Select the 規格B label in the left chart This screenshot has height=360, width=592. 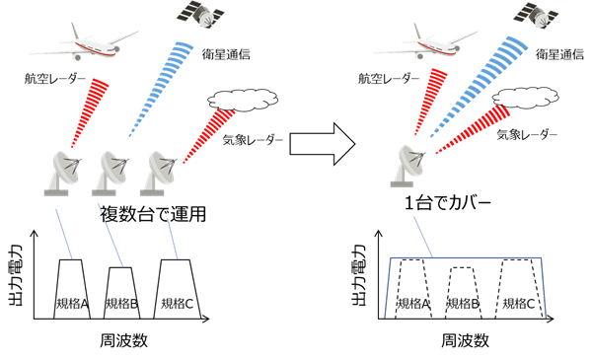[x=120, y=302]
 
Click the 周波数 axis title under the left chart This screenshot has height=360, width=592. [x=121, y=342]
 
